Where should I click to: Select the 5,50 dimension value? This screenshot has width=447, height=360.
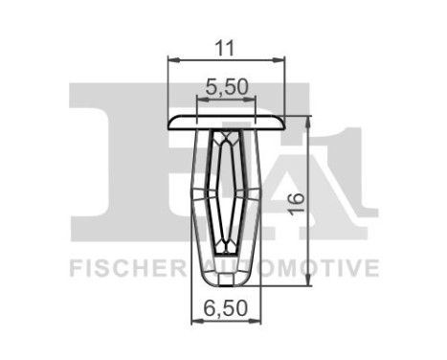click(x=228, y=86)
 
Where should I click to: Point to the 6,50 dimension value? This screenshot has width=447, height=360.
click(x=226, y=310)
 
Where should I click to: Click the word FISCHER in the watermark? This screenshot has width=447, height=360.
click(x=118, y=266)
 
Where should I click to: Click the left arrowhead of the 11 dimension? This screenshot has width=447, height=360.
click(x=172, y=59)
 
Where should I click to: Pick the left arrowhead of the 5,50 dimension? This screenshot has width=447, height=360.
click(x=200, y=101)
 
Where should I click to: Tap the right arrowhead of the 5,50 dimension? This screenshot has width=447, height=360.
click(x=255, y=101)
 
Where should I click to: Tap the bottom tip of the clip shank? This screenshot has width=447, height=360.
click(x=227, y=281)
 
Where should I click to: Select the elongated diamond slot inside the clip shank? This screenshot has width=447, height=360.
click(x=227, y=191)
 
